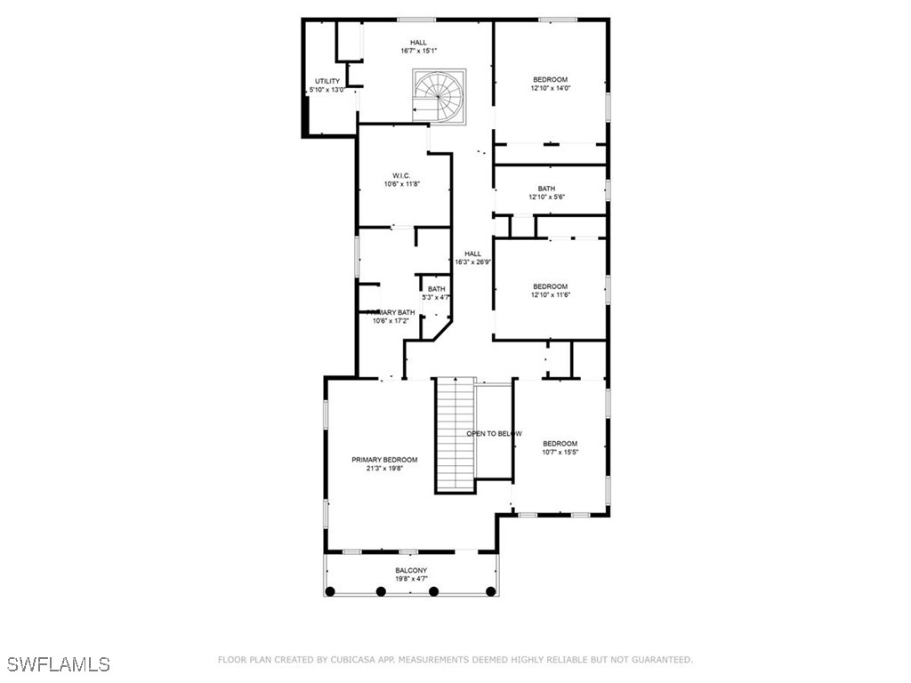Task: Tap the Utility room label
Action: pos(327,82)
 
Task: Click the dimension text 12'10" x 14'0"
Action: pos(550,88)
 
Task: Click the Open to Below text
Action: pos(494,433)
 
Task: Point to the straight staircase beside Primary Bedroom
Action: pos(453,434)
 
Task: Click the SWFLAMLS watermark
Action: pos(59,664)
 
